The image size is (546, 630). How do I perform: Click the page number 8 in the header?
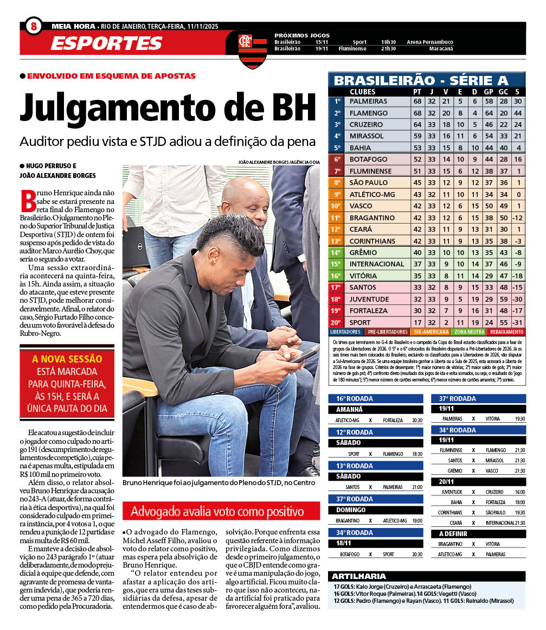[34, 26]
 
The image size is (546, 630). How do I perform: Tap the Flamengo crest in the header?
[253, 49]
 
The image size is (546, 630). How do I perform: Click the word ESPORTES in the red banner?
[106, 43]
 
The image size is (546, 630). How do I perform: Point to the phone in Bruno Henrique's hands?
[304, 355]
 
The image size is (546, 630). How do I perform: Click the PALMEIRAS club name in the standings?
[369, 101]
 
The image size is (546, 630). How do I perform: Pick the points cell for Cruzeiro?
[417, 125]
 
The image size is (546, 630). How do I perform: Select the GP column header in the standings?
[488, 92]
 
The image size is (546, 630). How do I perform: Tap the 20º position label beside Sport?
[337, 322]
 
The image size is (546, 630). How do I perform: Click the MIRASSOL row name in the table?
[367, 136]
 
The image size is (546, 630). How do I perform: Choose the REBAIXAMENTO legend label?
[506, 332]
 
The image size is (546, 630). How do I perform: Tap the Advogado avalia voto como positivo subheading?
[217, 511]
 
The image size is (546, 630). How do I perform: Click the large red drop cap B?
[28, 201]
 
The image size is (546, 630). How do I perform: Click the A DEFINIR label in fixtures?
[453, 533]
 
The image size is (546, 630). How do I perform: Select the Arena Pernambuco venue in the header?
[430, 42]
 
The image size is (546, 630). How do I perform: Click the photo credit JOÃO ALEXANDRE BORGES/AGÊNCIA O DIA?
[279, 162]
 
